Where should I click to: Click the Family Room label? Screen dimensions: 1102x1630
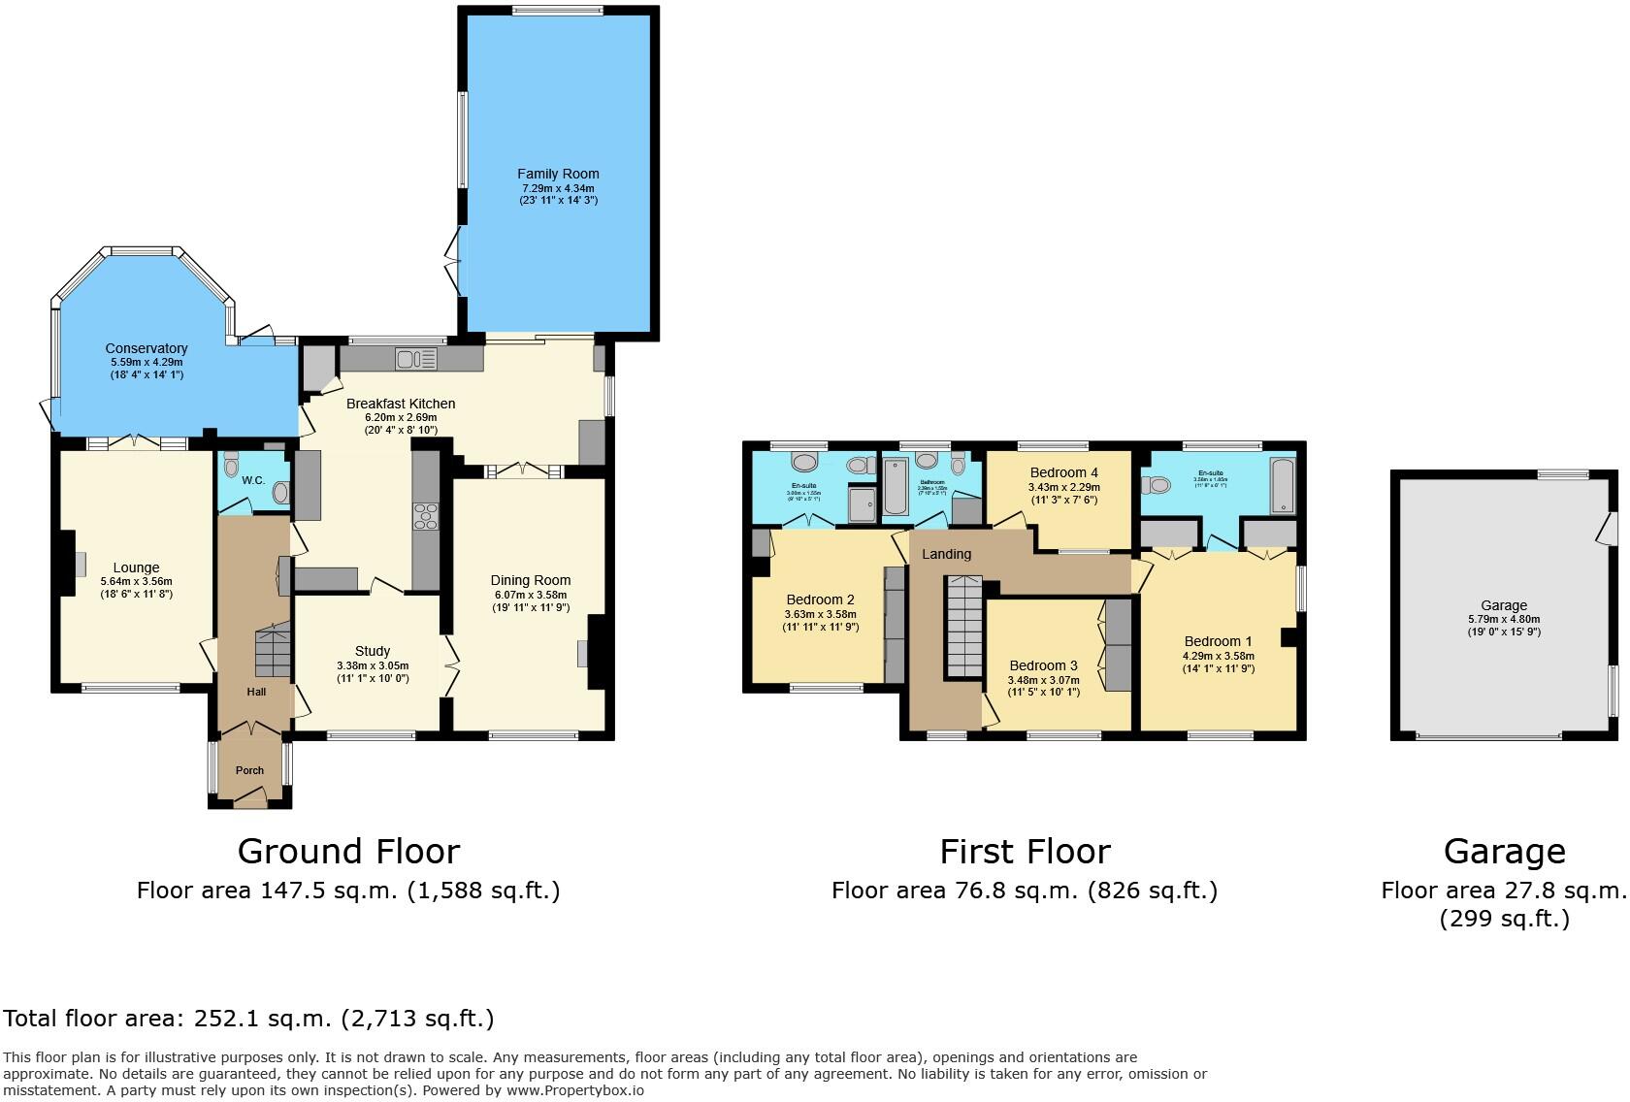558,175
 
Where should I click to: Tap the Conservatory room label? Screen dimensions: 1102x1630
147,348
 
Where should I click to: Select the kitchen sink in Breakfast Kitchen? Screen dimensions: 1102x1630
416,359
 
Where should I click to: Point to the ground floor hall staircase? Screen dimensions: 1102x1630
274,650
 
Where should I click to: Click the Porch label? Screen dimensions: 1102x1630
249,770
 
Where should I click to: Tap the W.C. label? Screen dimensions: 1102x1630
253,480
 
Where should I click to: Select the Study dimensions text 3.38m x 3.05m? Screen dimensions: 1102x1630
373,665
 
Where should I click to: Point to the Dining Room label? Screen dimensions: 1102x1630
530,580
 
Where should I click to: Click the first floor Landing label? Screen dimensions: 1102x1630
946,554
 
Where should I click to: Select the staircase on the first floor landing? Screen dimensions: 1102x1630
964,626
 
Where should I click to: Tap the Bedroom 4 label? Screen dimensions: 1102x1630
1064,472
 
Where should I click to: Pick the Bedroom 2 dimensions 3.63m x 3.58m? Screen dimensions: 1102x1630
820,614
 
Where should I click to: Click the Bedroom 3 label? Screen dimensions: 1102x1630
1043,665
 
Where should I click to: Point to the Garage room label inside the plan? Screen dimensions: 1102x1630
1504,605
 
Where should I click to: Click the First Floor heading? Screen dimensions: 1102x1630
1025,852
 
